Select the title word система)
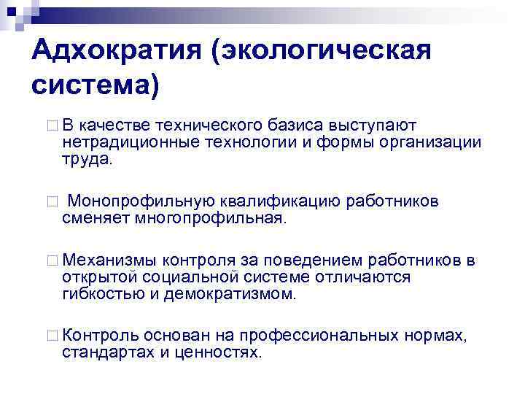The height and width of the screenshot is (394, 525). click(95, 85)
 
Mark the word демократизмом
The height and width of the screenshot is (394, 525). click(235, 294)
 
